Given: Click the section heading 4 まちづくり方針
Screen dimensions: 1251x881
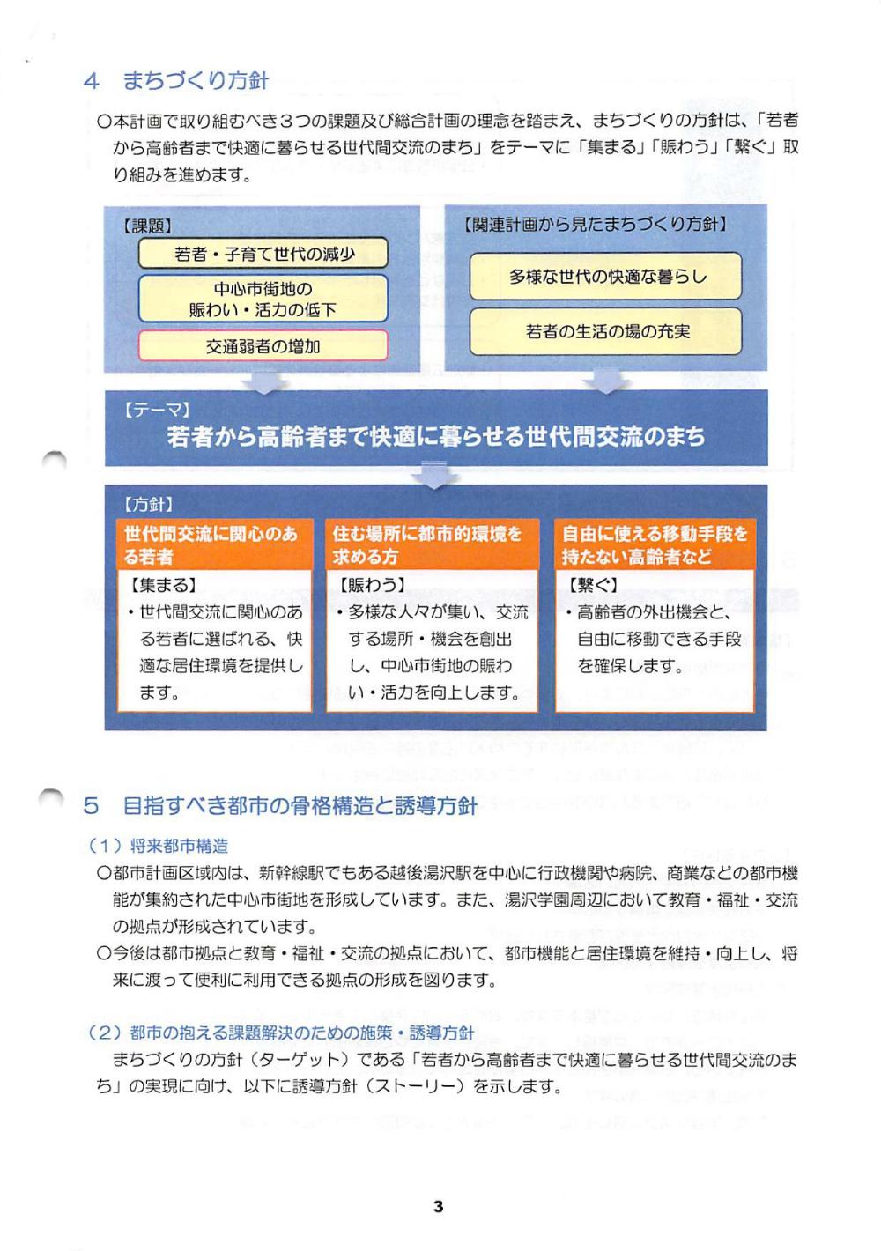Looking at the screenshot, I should [176, 81].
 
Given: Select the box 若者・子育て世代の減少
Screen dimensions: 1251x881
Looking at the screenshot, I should [263, 254].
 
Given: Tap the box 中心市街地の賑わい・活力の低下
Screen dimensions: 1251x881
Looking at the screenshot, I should [263, 299].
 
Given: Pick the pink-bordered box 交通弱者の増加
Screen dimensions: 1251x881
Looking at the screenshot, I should [263, 346].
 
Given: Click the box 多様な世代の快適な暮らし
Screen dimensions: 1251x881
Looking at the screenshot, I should [606, 277].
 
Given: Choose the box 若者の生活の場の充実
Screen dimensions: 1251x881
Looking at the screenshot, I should [606, 331].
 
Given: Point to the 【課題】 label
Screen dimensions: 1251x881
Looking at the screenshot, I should [147, 226].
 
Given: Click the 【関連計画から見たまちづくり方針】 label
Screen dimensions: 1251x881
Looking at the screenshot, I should [596, 225].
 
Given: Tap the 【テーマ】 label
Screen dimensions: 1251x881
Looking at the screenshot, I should [158, 410].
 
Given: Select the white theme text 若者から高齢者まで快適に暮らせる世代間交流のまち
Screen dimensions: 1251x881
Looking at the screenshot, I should [436, 436].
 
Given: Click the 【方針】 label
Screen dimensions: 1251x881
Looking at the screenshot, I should [148, 504].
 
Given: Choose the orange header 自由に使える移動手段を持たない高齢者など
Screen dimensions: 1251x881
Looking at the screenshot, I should [655, 544].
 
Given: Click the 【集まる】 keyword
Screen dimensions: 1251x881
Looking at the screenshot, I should [163, 585].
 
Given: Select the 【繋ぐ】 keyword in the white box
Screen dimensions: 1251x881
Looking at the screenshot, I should [592, 585].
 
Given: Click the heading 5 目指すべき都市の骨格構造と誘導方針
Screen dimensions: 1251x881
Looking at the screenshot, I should [280, 805].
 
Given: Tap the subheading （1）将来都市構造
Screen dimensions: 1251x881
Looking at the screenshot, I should [159, 846].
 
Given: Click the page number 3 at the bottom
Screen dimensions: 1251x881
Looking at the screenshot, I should [438, 1206].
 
